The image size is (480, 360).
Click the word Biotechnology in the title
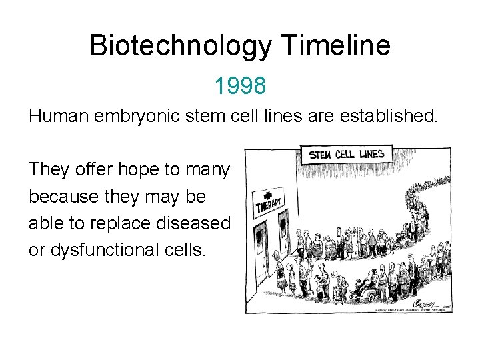click(180, 46)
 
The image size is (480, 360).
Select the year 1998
click(240, 85)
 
